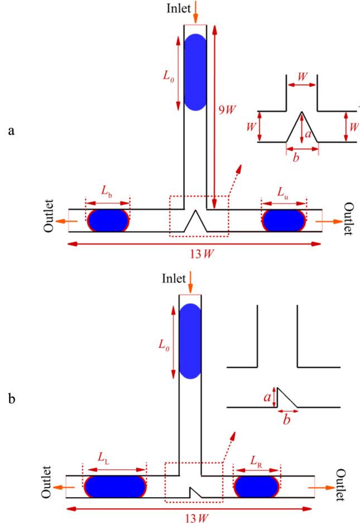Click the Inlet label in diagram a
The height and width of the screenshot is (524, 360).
coord(179,8)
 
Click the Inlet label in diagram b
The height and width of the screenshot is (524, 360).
coord(174,278)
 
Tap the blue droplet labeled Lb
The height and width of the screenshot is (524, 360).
coord(108,221)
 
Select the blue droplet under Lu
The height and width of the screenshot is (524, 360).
coord(284,221)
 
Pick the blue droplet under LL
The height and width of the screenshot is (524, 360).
coord(115,487)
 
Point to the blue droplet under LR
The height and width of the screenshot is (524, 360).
coord(257,487)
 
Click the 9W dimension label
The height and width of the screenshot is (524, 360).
coord(228,109)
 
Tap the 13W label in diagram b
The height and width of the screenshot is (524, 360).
coord(197,518)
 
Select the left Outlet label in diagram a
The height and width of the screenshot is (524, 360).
coord(49,216)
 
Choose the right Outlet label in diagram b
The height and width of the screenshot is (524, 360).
coord(341,485)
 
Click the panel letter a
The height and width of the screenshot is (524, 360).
coord(11,131)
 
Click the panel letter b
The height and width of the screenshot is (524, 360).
coord(12,398)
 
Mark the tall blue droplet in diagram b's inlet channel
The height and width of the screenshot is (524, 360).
coord(190,341)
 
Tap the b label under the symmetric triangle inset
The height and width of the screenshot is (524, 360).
coord(296,158)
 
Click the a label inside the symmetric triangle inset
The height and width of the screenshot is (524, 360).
coord(308,134)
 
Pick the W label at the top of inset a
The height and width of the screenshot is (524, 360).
coord(302,77)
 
